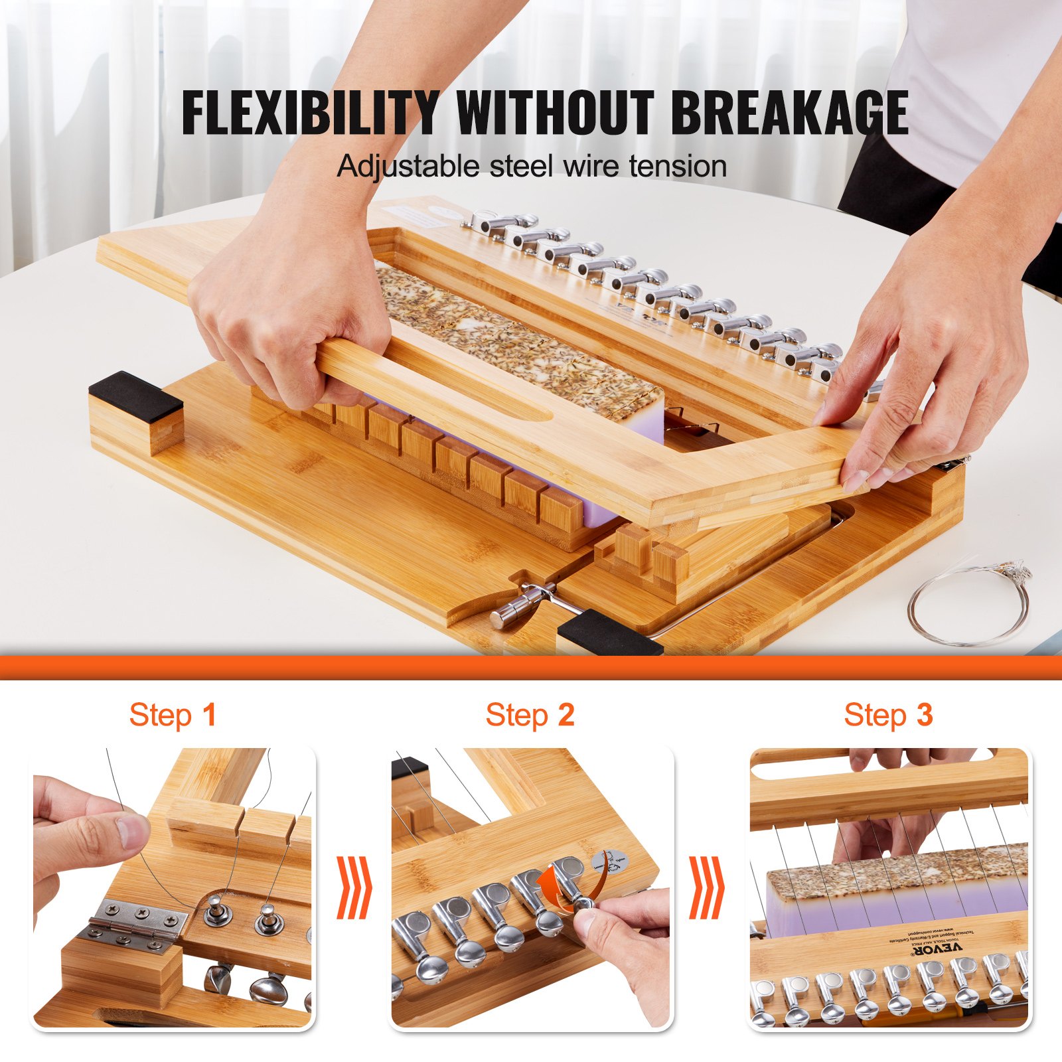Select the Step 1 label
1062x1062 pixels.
pos(173,716)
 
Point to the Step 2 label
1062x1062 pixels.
pos(530,716)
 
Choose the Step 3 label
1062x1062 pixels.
pos(888,716)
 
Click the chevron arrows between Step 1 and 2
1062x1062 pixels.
pos(354,887)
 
